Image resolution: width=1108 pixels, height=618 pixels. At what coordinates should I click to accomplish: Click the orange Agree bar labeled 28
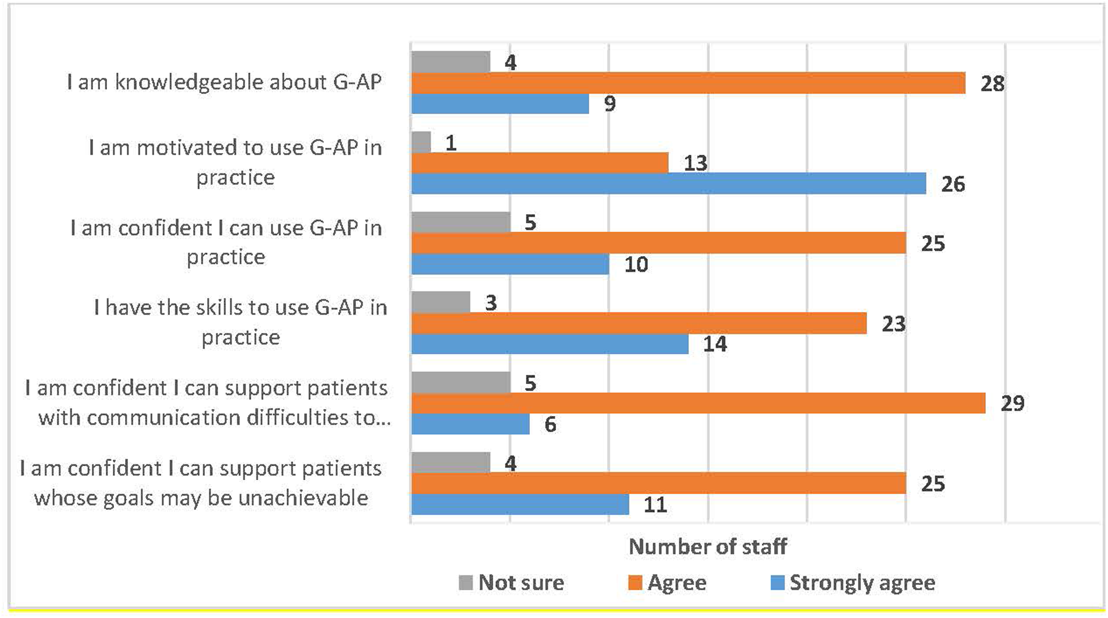tap(688, 83)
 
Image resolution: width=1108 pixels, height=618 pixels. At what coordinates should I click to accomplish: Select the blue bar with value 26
tap(668, 184)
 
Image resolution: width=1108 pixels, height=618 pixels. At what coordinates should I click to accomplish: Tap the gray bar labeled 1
tap(421, 143)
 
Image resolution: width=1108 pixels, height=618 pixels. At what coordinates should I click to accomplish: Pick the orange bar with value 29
tap(698, 403)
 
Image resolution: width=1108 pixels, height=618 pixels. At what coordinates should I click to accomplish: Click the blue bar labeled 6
tap(470, 424)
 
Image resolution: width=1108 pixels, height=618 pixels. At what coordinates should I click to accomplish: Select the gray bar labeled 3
tap(440, 303)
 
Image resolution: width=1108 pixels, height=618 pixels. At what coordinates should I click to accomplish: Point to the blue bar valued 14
tap(550, 344)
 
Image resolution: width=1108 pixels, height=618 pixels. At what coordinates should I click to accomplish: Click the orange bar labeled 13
tap(540, 163)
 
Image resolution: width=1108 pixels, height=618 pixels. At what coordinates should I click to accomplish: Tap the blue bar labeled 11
tap(520, 504)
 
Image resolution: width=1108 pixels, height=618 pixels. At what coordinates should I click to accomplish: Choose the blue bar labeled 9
tap(500, 104)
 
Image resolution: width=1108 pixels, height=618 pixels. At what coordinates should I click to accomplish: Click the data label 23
tap(893, 324)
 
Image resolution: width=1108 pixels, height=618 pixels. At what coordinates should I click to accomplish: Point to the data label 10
tap(636, 265)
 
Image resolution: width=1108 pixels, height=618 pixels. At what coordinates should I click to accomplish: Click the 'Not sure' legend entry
tap(512, 583)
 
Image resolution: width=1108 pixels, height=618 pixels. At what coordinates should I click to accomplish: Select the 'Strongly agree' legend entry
tap(854, 583)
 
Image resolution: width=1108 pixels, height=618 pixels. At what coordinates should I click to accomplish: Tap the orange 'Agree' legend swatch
tap(636, 583)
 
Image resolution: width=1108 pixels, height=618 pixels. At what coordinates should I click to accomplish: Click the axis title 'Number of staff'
tap(707, 546)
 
